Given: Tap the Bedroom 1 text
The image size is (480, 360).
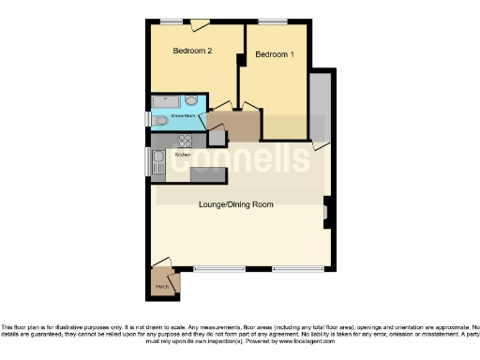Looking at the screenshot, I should pyautogui.click(x=275, y=54).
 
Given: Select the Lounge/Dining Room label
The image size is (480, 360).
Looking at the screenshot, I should pyautogui.click(x=235, y=203).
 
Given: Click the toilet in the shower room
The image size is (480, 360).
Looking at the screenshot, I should pyautogui.click(x=161, y=120).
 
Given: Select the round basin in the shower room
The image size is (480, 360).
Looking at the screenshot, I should pyautogui.click(x=191, y=100).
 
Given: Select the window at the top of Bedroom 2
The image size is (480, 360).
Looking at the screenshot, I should pyautogui.click(x=171, y=21).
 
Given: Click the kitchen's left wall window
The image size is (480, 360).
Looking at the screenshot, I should pyautogui.click(x=147, y=161).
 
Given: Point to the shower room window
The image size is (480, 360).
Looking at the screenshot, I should pyautogui.click(x=147, y=119).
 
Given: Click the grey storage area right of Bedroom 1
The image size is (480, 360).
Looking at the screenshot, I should pyautogui.click(x=319, y=104).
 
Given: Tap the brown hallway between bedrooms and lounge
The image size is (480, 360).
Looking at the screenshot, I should pyautogui.click(x=240, y=125).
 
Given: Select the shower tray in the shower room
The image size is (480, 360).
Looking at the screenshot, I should pyautogui.click(x=165, y=100).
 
